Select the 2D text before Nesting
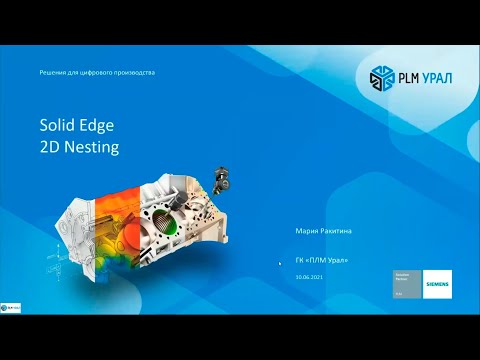(50, 147)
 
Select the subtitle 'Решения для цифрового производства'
(97, 72)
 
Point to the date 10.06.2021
(310, 277)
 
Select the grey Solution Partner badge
(405, 284)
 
